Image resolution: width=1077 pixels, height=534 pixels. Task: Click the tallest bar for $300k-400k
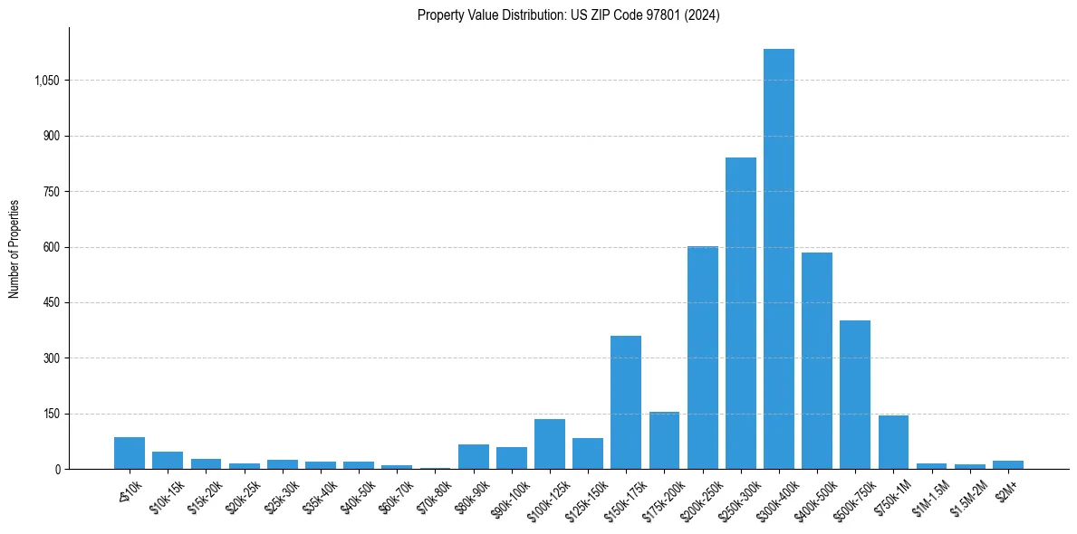pyautogui.click(x=779, y=259)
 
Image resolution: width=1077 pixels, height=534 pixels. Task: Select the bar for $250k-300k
pyautogui.click(x=741, y=313)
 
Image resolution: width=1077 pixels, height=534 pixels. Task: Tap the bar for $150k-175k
pyautogui.click(x=626, y=403)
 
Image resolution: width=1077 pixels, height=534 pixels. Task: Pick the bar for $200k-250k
pyautogui.click(x=703, y=358)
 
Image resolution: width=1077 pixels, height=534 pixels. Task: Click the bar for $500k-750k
pyautogui.click(x=855, y=395)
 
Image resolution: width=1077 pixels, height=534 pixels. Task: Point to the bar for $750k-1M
pyautogui.click(x=893, y=443)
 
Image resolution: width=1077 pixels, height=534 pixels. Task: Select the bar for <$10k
pyautogui.click(x=130, y=453)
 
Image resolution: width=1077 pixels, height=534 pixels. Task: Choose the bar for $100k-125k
pyautogui.click(x=550, y=444)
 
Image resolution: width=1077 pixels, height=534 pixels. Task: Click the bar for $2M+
pyautogui.click(x=1007, y=464)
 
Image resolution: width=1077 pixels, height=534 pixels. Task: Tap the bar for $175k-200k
pyautogui.click(x=664, y=441)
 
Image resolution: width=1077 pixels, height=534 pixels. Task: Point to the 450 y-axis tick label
pyautogui.click(x=52, y=302)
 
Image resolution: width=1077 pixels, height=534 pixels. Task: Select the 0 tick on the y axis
pyautogui.click(x=57, y=469)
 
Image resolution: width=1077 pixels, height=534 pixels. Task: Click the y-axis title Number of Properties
pyautogui.click(x=14, y=248)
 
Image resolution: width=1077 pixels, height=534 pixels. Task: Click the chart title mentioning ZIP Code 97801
pyautogui.click(x=568, y=15)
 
